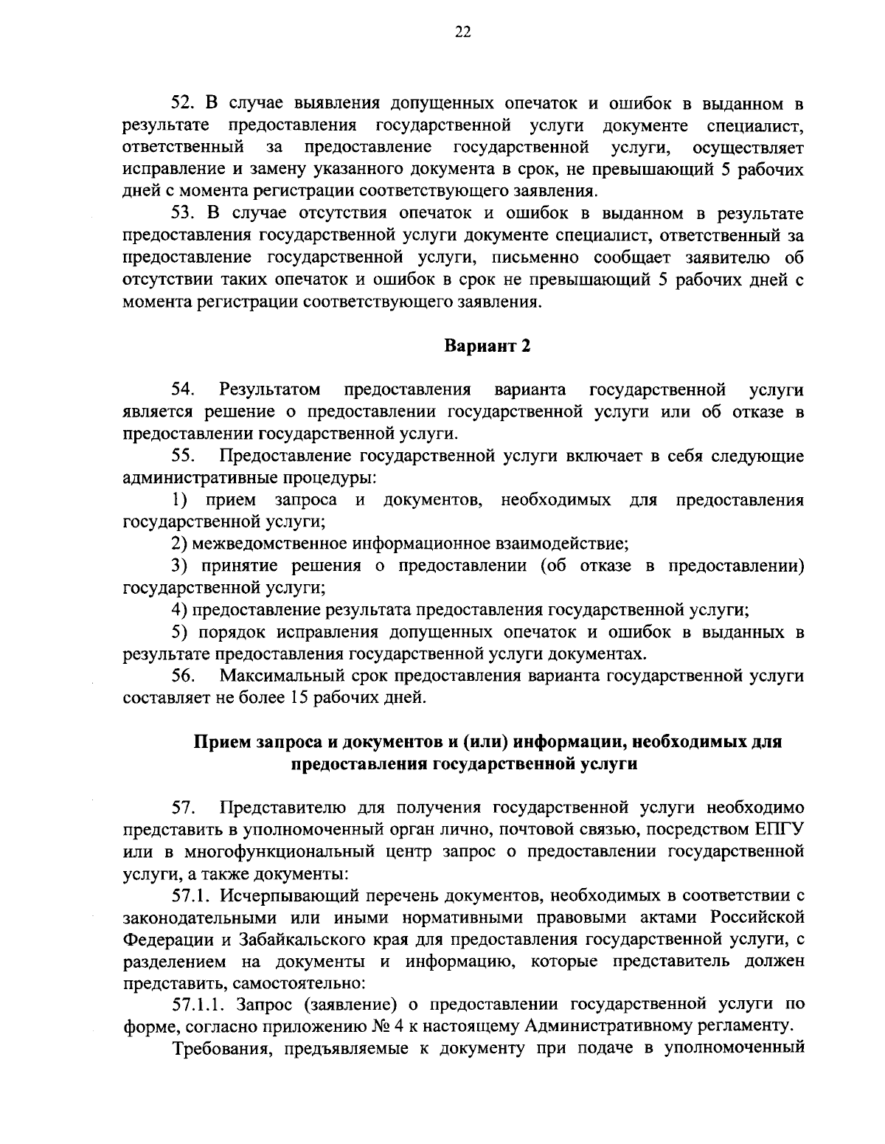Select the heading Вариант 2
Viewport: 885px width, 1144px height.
(487, 347)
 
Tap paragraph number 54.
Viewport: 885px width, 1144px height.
(182, 389)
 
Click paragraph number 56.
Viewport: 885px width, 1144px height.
(182, 675)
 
